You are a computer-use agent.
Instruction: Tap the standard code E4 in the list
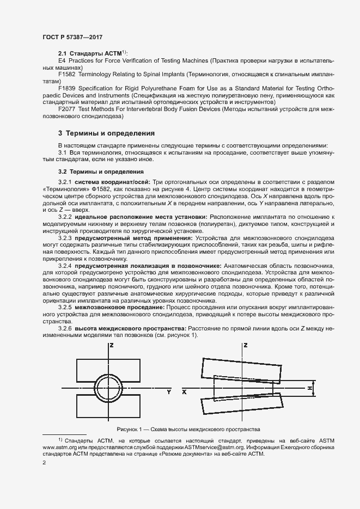pyautogui.click(x=62, y=59)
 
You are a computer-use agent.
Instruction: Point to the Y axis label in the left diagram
pyautogui.click(x=169, y=391)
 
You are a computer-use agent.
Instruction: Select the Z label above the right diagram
pyautogui.click(x=246, y=345)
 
